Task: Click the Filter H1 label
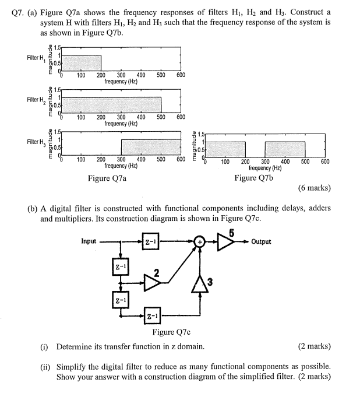pyautogui.click(x=36, y=58)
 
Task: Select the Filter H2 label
pyautogui.click(x=36, y=100)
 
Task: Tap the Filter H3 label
pyautogui.click(x=36, y=142)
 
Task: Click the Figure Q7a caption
pyautogui.click(x=107, y=178)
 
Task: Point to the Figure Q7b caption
pyautogui.click(x=253, y=178)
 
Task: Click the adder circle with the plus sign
pyautogui.click(x=200, y=241)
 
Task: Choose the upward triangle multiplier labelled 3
pyautogui.click(x=200, y=283)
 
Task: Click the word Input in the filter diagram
pyautogui.click(x=89, y=241)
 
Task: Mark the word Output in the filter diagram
pyautogui.click(x=261, y=241)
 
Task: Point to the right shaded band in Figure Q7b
pyautogui.click(x=284, y=150)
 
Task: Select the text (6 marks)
pyautogui.click(x=314, y=188)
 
